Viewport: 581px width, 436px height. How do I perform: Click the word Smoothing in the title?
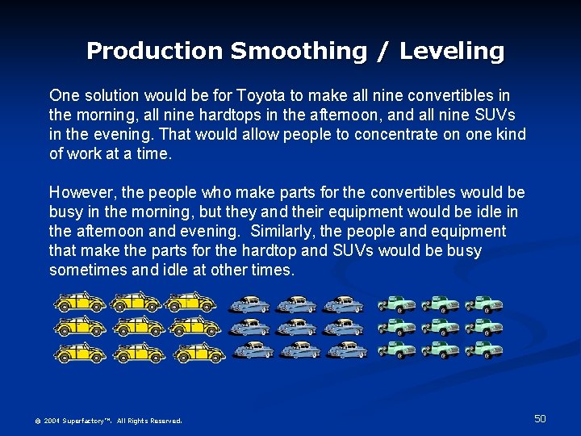click(299, 51)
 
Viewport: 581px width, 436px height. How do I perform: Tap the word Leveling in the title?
click(452, 51)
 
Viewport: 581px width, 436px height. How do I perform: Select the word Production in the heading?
click(155, 51)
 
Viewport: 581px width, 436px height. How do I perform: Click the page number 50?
click(540, 418)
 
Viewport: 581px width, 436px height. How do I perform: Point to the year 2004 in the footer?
click(52, 421)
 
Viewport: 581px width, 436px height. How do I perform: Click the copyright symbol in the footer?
click(37, 421)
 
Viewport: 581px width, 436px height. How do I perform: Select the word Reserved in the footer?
click(166, 421)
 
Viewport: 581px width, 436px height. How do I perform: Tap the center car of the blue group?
click(298, 327)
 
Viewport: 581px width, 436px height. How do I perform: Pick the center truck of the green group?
click(440, 327)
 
